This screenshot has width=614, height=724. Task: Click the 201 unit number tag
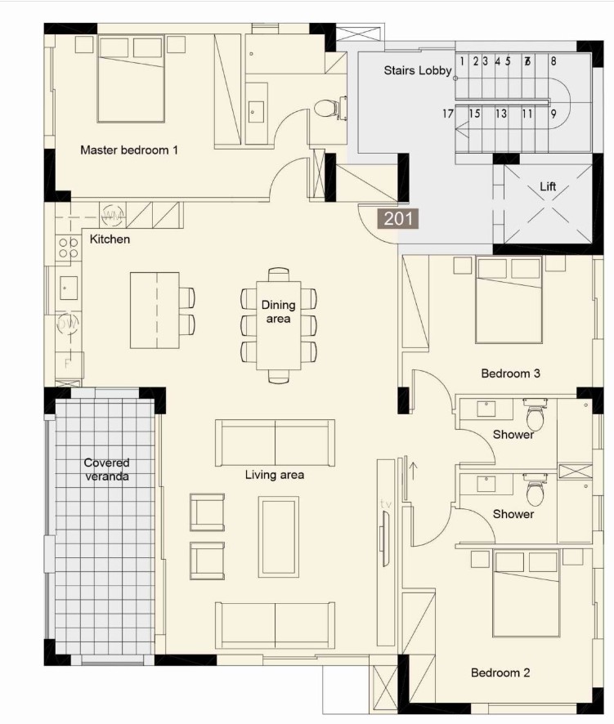(x=397, y=218)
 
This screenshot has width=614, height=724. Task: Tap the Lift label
(x=548, y=187)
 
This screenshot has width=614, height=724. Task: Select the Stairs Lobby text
(x=418, y=71)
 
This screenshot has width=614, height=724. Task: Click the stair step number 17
(x=448, y=114)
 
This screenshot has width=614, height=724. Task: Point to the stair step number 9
(x=553, y=114)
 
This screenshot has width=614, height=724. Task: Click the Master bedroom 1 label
(x=129, y=150)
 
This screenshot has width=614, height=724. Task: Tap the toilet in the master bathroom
(x=327, y=108)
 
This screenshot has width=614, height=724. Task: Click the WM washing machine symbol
(x=113, y=216)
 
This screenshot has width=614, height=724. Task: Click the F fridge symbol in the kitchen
(x=68, y=362)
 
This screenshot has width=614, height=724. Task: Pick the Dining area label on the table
(x=279, y=312)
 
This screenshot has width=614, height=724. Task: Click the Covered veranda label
(x=106, y=470)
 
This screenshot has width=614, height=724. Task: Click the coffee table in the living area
(x=280, y=536)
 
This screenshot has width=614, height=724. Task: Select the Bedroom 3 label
(x=510, y=373)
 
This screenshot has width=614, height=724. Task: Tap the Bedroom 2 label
(x=500, y=673)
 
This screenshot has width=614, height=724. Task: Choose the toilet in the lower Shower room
(x=536, y=493)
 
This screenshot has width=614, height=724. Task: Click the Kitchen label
(x=110, y=239)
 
